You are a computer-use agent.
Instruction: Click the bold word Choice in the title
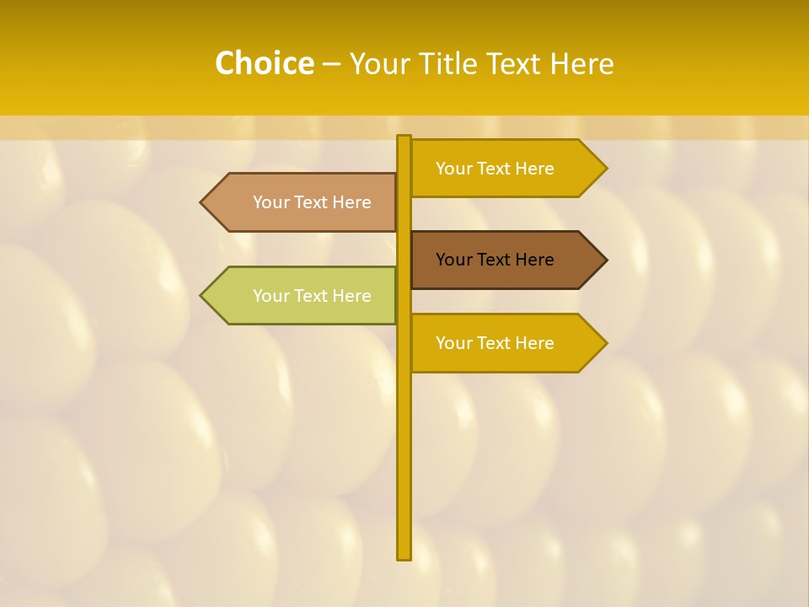264,63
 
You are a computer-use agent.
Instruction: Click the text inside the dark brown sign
495,260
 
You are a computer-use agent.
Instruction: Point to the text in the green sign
312,296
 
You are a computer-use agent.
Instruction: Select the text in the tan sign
312,202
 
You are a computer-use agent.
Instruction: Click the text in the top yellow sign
495,169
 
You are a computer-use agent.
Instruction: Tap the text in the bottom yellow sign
495,343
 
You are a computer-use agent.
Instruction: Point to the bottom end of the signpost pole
404,556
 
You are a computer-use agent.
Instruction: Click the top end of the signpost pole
404,137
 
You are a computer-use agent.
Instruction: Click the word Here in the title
581,63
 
